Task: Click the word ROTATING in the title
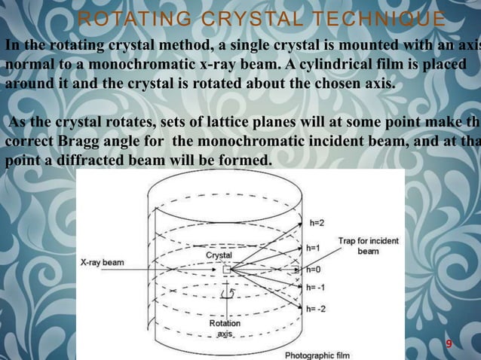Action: coord(125,17)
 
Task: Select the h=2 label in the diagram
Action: coord(318,224)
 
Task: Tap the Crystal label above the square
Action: coord(219,255)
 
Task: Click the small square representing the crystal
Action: coord(226,269)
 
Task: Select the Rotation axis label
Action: coord(225,328)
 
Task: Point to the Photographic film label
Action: coord(316,354)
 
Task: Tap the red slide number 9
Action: coord(449,344)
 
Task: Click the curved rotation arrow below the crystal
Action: coord(233,290)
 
